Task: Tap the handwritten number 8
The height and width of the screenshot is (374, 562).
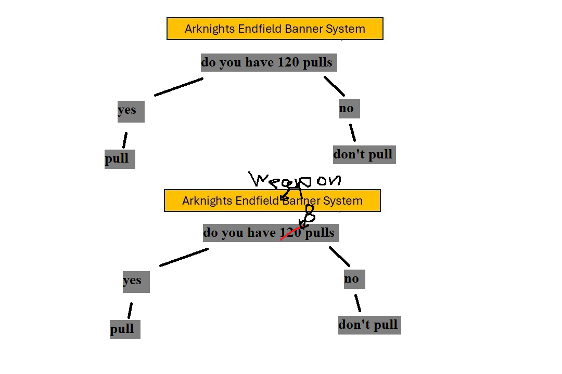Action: tap(309, 213)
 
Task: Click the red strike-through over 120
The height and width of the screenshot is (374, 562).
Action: tap(290, 233)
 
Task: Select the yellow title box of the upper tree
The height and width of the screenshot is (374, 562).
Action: tap(275, 29)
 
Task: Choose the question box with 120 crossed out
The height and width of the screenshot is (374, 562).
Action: tap(245, 233)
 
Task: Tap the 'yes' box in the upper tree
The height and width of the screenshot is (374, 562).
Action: tap(131, 111)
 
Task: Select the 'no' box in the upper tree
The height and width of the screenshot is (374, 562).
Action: tap(349, 109)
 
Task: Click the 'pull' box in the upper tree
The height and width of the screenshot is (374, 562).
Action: tap(120, 158)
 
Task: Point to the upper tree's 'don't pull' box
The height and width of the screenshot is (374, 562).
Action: tap(364, 154)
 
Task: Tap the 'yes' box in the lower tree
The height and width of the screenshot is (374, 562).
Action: tap(136, 282)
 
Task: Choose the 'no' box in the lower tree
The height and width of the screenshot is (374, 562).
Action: tap(354, 279)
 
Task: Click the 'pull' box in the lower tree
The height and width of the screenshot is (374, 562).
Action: tap(125, 329)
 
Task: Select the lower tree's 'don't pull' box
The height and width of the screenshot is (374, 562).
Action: tap(369, 325)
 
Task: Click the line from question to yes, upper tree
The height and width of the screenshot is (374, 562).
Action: tap(178, 87)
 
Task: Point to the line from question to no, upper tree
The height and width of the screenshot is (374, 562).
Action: tap(334, 86)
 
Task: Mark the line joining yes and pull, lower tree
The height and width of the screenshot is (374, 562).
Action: tap(130, 311)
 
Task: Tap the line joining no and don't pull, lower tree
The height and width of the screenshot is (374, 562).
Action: tap(357, 303)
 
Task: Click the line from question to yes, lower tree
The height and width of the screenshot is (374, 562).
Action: tap(184, 257)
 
